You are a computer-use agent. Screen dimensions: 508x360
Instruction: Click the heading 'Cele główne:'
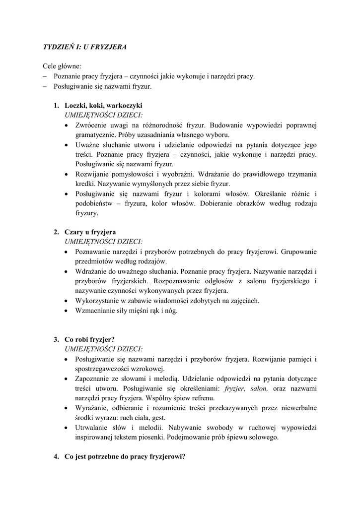click(62, 66)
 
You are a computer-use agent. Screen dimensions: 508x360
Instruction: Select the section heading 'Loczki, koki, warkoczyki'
click(103, 105)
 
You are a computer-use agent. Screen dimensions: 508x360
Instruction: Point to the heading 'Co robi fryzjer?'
click(89, 339)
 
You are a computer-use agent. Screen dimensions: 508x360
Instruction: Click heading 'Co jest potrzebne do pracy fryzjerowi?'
click(125, 456)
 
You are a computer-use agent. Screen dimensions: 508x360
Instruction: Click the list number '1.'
click(57, 105)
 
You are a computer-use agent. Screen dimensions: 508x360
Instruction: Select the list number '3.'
click(57, 339)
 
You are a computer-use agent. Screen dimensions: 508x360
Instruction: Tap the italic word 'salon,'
click(259, 388)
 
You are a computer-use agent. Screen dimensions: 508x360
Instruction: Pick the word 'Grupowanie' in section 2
click(298, 252)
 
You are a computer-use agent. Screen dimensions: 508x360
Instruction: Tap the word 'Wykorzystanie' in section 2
click(98, 301)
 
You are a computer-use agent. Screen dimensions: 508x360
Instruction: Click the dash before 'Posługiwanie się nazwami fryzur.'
click(44, 86)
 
